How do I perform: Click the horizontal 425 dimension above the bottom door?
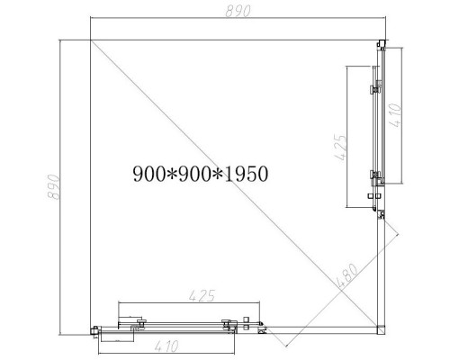pos(202,294)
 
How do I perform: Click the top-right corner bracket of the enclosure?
pos(381,45)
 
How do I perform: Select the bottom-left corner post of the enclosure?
pos(94,329)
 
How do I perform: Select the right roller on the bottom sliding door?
pos(224,321)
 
